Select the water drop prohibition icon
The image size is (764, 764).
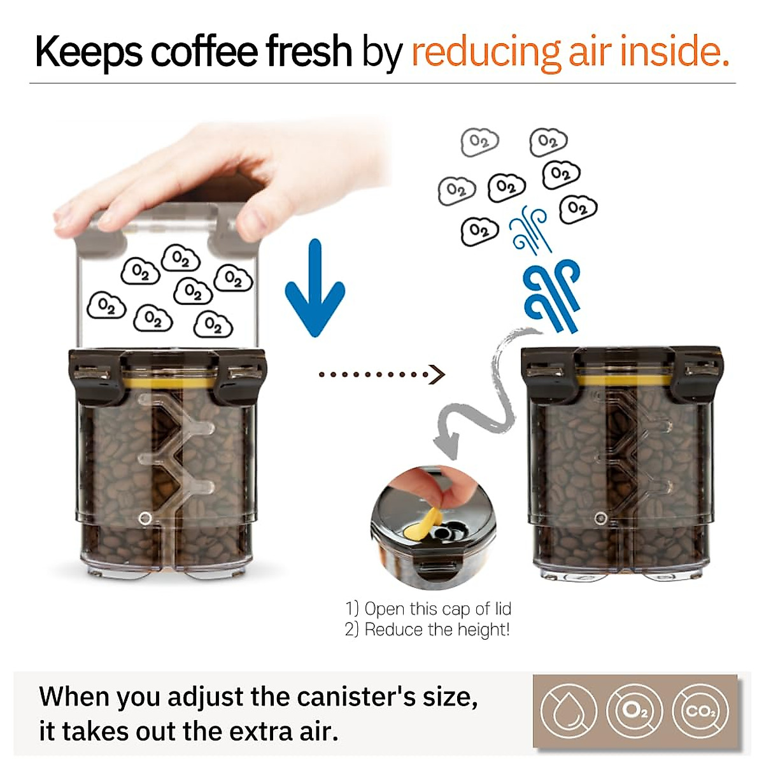tap(568, 711)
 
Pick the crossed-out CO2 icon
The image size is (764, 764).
tap(700, 711)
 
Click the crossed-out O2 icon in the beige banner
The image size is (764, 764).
tap(634, 711)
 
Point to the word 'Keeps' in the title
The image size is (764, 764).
tap(88, 52)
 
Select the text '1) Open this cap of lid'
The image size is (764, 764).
tap(428, 609)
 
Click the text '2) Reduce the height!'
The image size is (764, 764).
tap(427, 630)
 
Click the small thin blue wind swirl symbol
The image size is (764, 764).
tap(530, 229)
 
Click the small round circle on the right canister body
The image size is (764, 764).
tap(600, 518)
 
